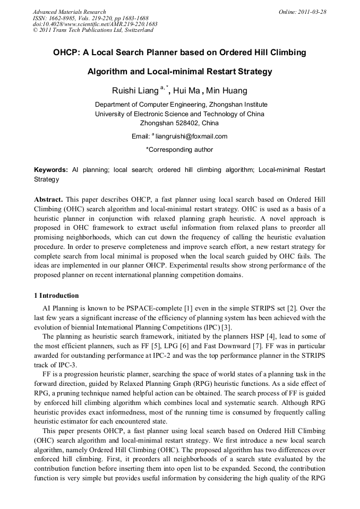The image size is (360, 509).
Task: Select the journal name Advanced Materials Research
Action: pyautogui.click(x=69, y=12)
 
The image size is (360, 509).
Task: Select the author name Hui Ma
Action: pyautogui.click(x=186, y=90)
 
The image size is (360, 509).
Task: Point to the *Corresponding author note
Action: pyautogui.click(x=179, y=150)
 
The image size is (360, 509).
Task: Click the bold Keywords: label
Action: pyautogui.click(x=51, y=170)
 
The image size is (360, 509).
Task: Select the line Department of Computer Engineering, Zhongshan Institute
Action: pyautogui.click(x=181, y=105)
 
